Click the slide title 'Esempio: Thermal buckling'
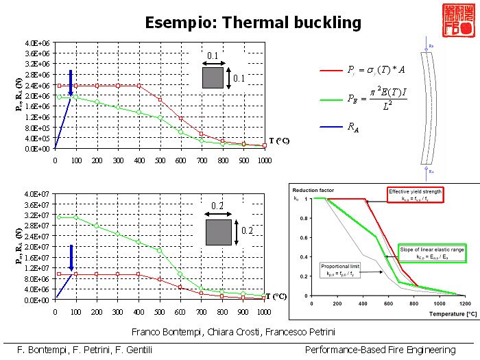point(253,23)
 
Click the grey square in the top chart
point(213,77)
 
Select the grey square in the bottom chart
point(218,232)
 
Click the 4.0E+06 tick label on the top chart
point(38,43)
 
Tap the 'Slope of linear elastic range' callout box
point(432,253)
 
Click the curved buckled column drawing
point(430,110)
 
